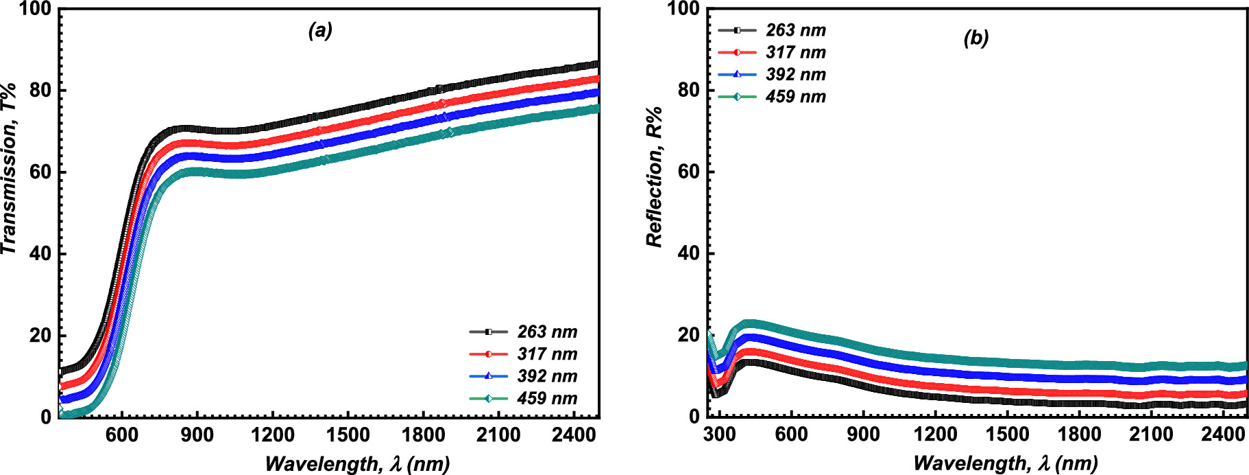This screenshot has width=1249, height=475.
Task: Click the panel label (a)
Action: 320,30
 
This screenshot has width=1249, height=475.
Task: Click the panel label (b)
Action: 975,38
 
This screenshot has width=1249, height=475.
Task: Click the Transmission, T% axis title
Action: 9,168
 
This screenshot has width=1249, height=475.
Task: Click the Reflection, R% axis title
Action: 655,176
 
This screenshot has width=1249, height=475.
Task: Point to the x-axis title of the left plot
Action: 357,464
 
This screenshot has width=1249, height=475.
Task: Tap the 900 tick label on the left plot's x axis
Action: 197,435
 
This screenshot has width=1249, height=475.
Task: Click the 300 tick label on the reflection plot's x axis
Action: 719,435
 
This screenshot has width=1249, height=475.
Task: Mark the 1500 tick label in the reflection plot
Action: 1007,435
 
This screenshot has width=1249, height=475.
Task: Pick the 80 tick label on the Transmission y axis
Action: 40,90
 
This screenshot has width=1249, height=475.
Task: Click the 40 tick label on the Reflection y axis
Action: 689,253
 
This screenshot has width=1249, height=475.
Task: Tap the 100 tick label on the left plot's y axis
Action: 35,9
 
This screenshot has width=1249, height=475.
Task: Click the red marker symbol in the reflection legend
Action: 737,52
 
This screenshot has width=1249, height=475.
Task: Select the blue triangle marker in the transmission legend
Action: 488,376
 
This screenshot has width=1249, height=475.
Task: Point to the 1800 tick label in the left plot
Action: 424,435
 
